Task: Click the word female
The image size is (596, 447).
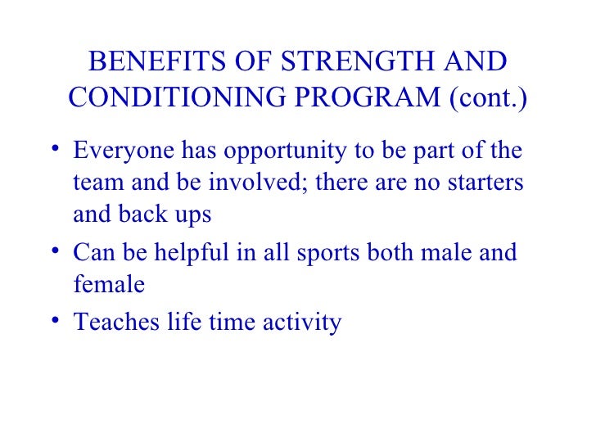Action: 109,284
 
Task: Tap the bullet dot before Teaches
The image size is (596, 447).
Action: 53,319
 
